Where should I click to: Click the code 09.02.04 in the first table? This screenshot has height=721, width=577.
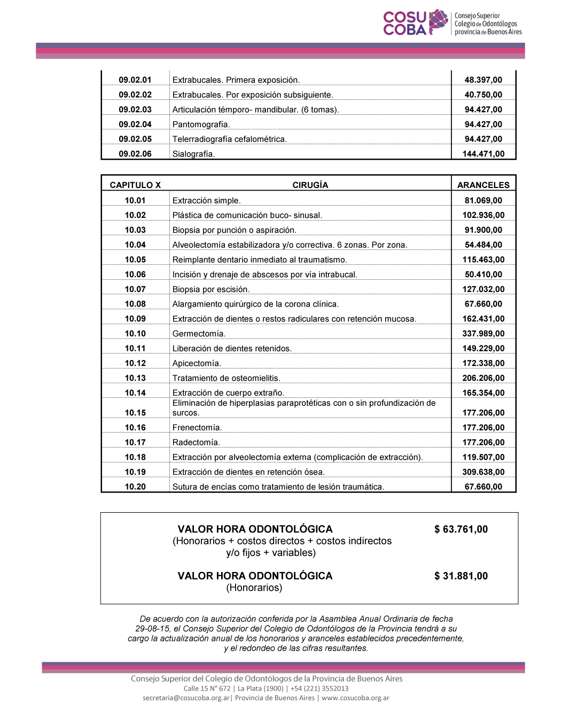click(x=135, y=124)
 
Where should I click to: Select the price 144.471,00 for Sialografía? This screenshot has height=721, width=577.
click(x=484, y=154)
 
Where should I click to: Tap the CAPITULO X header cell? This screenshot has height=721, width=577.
click(x=135, y=185)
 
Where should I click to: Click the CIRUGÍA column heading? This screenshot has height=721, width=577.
click(x=310, y=185)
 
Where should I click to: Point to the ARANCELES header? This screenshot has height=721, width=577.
click(x=484, y=185)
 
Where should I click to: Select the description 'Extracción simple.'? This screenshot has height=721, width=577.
click(x=206, y=201)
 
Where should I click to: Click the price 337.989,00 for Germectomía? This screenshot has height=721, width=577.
click(x=484, y=334)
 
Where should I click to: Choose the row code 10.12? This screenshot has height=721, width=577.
click(x=135, y=363)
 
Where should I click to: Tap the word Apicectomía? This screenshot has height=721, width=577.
click(x=197, y=363)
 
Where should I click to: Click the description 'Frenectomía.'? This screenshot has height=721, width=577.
click(x=197, y=428)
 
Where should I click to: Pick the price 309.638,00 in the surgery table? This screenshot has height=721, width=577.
click(x=484, y=472)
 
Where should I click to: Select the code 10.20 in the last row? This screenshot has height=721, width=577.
click(x=135, y=487)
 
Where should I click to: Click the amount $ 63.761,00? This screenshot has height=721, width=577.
click(x=461, y=529)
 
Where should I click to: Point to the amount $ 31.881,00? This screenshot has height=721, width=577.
click(x=461, y=576)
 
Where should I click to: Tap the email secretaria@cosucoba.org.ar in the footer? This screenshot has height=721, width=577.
click(x=186, y=698)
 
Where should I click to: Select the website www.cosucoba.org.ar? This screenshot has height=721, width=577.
click(x=355, y=698)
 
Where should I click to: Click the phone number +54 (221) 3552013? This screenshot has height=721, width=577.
click(x=319, y=688)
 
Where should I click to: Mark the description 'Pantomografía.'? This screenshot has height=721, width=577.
click(x=201, y=124)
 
